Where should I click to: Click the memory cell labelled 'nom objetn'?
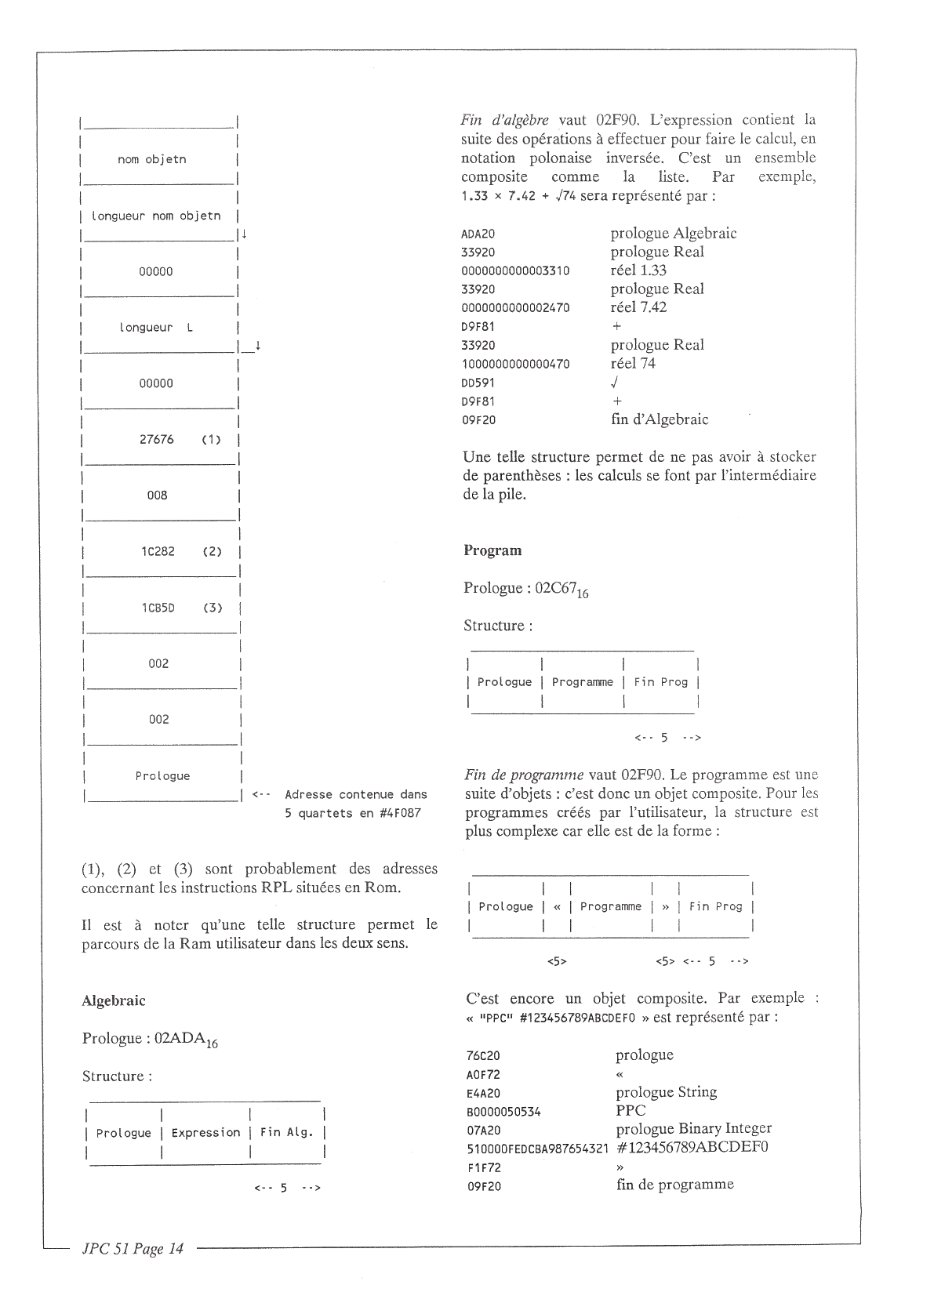point(152,160)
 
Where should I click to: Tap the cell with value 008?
point(158,495)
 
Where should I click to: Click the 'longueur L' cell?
point(156,328)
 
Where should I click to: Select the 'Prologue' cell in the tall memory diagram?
point(162,776)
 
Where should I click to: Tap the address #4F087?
point(398,813)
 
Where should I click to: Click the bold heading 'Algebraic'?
point(114,1000)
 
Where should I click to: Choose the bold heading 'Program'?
point(492,550)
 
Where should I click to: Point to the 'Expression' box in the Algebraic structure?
point(205,1133)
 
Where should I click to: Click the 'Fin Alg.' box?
point(286,1133)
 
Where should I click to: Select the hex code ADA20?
point(478,234)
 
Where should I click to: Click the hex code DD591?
point(478,383)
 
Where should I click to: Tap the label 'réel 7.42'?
point(638,307)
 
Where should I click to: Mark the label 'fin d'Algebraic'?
point(660,419)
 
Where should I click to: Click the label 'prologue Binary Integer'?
point(693,1129)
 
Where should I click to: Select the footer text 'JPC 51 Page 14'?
point(133,1249)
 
